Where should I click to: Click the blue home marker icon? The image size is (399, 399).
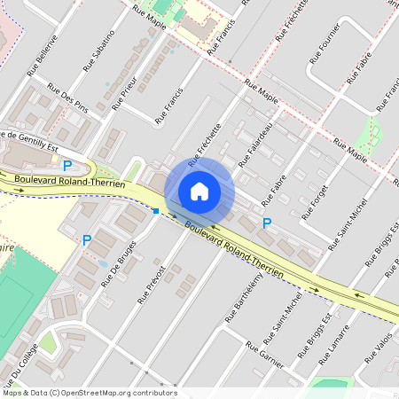pyautogui.click(x=199, y=191)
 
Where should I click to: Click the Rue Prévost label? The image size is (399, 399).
pyautogui.click(x=152, y=284)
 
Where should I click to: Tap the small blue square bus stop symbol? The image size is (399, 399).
pyautogui.click(x=156, y=211)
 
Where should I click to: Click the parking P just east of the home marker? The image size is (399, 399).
pyautogui.click(x=267, y=223)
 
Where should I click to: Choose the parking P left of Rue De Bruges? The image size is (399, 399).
pyautogui.click(x=87, y=240)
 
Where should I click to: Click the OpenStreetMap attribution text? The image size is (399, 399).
pyautogui.click(x=89, y=393)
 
